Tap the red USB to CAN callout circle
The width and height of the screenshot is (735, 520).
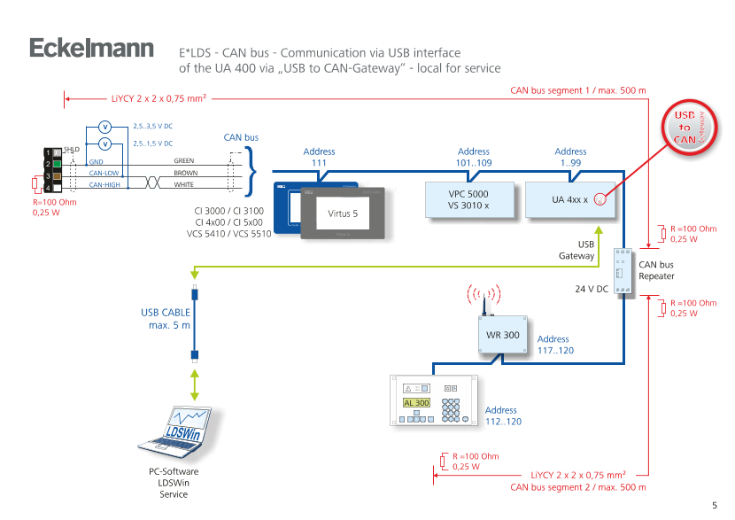tap(685, 128)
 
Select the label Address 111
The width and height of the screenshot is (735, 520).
tap(320, 158)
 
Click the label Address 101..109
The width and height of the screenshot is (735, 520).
tap(473, 158)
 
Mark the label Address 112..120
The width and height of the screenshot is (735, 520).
tap(502, 416)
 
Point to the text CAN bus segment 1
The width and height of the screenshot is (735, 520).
tap(578, 90)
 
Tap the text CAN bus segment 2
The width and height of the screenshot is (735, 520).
tap(578, 487)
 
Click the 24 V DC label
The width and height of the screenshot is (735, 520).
tap(591, 289)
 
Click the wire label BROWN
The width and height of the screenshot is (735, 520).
tap(185, 174)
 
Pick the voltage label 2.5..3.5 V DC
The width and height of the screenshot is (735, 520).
tap(152, 127)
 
